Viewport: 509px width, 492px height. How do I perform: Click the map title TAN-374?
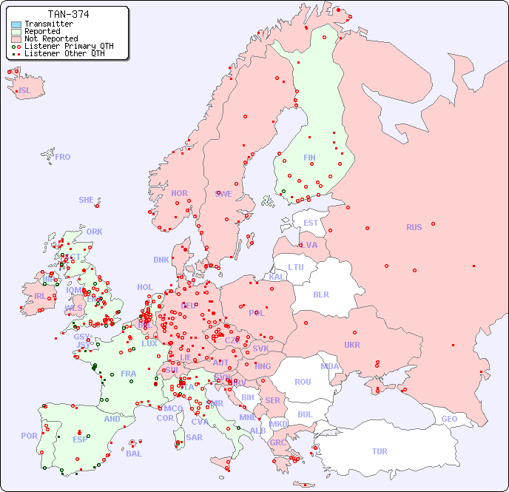click(x=69, y=14)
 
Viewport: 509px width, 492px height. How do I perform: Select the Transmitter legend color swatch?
click(x=16, y=24)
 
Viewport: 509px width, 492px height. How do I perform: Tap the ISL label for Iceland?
click(x=25, y=91)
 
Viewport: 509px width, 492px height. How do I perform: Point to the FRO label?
click(x=63, y=157)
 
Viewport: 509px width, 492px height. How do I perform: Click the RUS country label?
click(x=414, y=227)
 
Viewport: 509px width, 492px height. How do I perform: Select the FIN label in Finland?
click(x=309, y=158)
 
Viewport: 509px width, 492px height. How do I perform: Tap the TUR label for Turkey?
click(x=380, y=451)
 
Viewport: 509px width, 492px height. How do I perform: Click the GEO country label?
click(x=449, y=419)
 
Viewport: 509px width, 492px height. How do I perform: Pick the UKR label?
click(x=352, y=345)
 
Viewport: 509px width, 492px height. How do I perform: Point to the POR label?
click(x=29, y=436)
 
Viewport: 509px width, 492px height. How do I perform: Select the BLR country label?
click(x=320, y=294)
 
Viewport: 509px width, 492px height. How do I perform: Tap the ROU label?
click(x=303, y=382)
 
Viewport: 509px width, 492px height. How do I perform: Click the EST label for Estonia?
click(x=311, y=223)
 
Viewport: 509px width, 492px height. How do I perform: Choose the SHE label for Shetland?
click(x=87, y=200)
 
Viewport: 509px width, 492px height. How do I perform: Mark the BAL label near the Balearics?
click(x=133, y=454)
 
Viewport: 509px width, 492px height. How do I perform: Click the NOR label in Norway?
click(x=179, y=193)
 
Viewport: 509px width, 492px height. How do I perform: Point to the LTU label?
click(x=296, y=267)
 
